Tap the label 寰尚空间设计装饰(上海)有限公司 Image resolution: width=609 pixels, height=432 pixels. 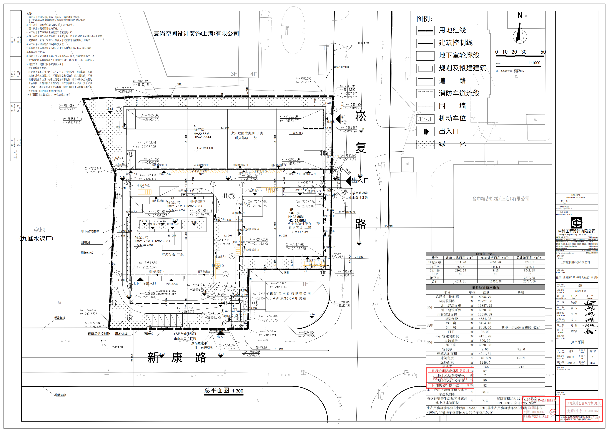point(196,33)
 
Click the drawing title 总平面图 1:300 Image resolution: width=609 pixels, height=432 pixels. point(224,391)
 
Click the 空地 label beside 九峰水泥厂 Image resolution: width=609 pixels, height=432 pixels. point(39,230)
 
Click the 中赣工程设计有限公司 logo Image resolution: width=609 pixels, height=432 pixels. point(577,223)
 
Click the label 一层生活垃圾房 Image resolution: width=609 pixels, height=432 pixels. point(346,212)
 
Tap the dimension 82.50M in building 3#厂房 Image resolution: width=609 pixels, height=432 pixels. point(225,128)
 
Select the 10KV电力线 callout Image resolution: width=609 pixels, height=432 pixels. point(363,43)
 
